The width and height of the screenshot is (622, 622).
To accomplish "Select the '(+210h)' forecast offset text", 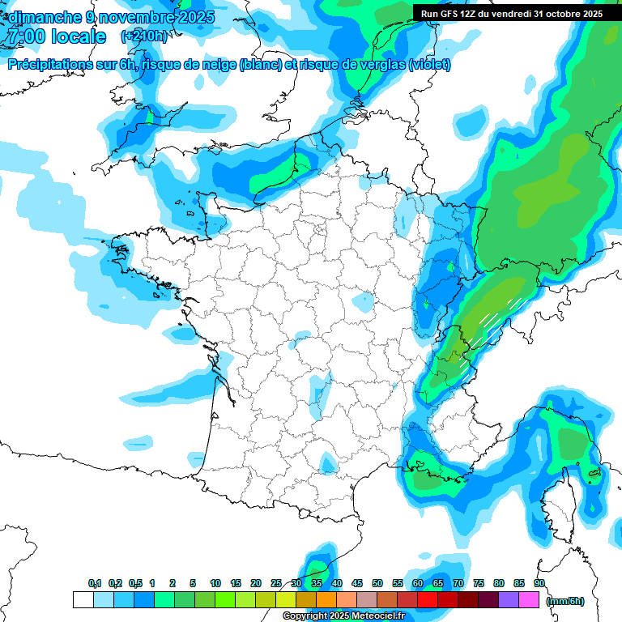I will click(144, 36).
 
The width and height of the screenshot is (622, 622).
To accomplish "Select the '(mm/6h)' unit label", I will click(565, 600).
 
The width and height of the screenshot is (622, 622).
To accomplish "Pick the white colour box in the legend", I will click(83, 600).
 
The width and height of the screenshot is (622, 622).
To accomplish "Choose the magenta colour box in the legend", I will click(529, 600).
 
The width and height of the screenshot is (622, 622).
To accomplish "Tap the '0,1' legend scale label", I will click(95, 584).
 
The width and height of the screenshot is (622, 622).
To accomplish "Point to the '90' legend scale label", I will click(539, 584).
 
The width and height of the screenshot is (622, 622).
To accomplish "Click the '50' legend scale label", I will click(377, 584).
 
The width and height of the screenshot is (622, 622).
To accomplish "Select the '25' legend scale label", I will click(276, 584).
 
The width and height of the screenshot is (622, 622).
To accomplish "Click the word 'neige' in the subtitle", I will click(216, 65).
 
